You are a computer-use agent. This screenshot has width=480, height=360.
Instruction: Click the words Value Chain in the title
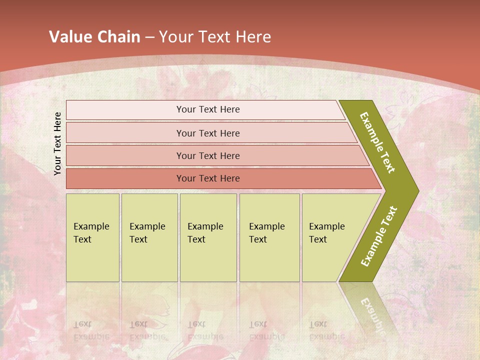pyautogui.click(x=94, y=37)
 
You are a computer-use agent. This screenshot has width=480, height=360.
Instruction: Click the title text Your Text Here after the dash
pyautogui.click(x=215, y=37)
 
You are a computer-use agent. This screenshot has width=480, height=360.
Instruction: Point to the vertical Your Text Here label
pyautogui.click(x=57, y=143)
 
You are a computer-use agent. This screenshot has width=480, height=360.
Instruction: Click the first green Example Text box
pyautogui.click(x=92, y=237)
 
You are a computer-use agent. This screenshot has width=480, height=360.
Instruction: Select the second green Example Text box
pyautogui.click(x=149, y=237)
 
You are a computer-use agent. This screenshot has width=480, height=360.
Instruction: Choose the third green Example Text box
pyautogui.click(x=208, y=237)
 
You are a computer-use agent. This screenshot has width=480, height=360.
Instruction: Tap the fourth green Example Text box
pyautogui.click(x=269, y=237)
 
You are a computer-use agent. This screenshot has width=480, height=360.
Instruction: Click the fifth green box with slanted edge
pyautogui.click(x=330, y=237)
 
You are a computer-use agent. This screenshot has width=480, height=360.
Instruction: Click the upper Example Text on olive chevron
pyautogui.click(x=377, y=142)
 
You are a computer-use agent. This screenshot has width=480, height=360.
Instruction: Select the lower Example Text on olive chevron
pyautogui.click(x=379, y=236)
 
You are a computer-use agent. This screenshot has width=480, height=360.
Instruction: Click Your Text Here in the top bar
pyautogui.click(x=208, y=109)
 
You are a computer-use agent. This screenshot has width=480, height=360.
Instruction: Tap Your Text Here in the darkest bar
pyautogui.click(x=208, y=178)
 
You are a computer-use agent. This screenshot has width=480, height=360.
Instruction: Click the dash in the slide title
pyautogui.click(x=149, y=37)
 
